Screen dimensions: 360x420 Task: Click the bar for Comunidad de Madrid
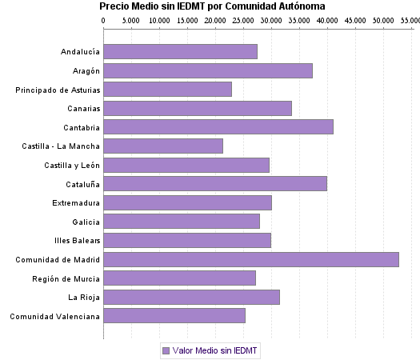(x=251, y=259)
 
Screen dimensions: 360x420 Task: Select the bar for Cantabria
(x=218, y=126)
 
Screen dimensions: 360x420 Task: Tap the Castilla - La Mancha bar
(x=163, y=146)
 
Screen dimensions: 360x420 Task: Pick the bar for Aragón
(x=208, y=70)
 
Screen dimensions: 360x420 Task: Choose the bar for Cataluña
(x=215, y=183)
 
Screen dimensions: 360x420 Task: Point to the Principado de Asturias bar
(x=168, y=89)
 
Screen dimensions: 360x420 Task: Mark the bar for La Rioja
(x=192, y=297)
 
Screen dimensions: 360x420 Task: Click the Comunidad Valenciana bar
(x=174, y=315)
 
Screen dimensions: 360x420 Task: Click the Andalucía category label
(x=80, y=52)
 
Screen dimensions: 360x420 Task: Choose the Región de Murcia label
(x=67, y=278)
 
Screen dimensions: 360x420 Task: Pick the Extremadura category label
(x=76, y=202)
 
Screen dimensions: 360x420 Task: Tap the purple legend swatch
(x=166, y=350)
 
